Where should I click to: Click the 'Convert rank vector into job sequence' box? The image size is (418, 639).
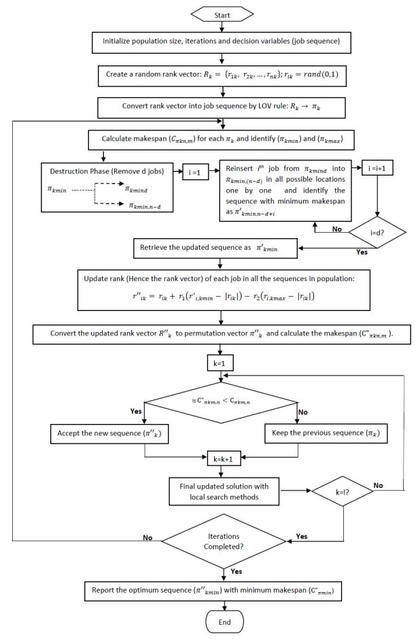[224, 107]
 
